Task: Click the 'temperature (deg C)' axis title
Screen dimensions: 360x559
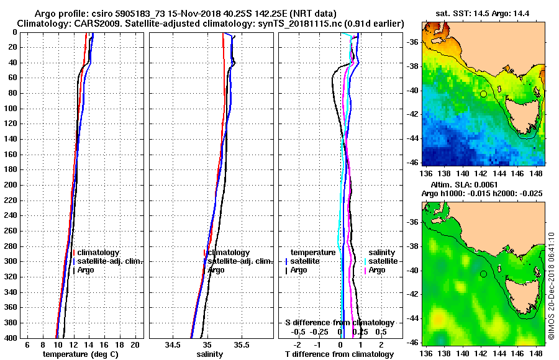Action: click(80, 354)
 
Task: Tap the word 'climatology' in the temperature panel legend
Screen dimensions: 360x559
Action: click(99, 253)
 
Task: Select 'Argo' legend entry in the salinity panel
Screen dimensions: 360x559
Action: click(216, 270)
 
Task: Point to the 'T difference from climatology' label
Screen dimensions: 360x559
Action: click(339, 354)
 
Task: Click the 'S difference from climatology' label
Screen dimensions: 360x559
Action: click(339, 323)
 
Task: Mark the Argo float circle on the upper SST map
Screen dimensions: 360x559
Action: click(483, 94)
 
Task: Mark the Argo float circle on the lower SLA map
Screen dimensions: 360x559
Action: click(483, 274)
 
